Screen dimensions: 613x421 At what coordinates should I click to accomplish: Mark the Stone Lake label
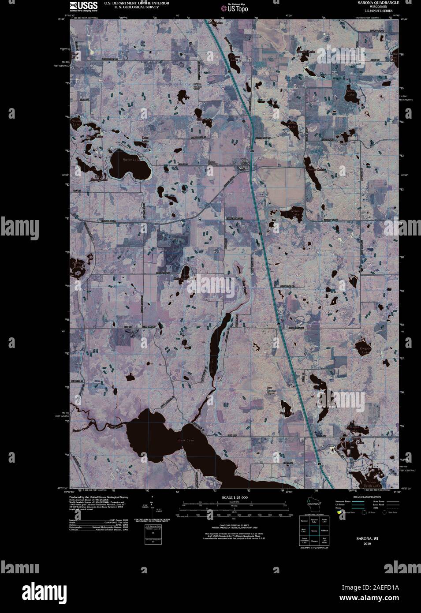coord(351,93)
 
